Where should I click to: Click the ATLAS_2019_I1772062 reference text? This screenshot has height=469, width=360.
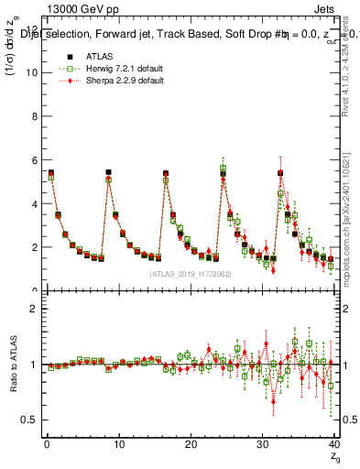pyautogui.click(x=191, y=274)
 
